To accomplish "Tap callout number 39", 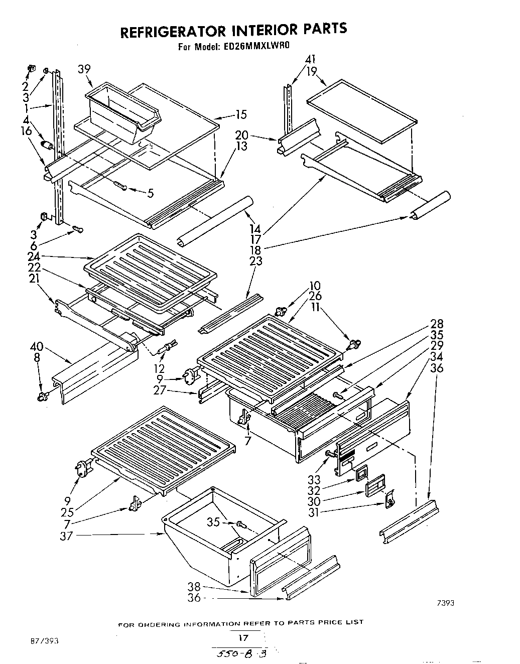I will pyautogui.click(x=84, y=69).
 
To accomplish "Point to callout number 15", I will pyautogui.click(x=241, y=115).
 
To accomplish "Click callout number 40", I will pyautogui.click(x=37, y=346).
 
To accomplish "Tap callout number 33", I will pyautogui.click(x=314, y=479).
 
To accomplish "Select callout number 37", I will pyautogui.click(x=66, y=536).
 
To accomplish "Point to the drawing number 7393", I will pyautogui.click(x=445, y=604).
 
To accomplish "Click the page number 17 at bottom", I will pyautogui.click(x=242, y=638).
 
